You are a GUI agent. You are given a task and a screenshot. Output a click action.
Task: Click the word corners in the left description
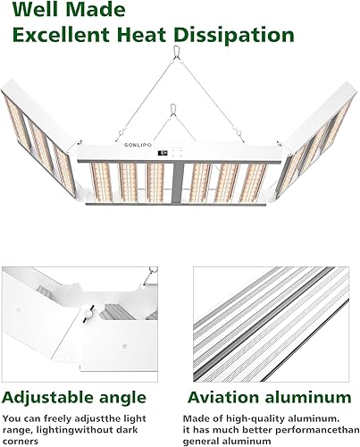click(20, 440)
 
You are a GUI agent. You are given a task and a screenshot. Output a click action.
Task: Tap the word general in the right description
click(201, 440)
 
